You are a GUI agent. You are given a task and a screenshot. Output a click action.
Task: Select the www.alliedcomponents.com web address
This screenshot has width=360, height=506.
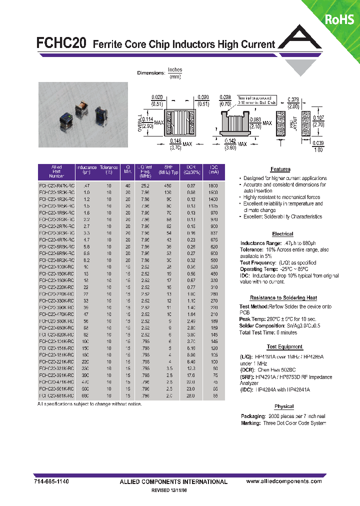(x=284, y=481)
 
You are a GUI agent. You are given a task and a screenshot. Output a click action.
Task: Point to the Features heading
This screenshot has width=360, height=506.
(x=280, y=169)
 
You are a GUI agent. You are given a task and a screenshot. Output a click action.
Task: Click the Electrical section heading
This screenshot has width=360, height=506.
(x=282, y=234)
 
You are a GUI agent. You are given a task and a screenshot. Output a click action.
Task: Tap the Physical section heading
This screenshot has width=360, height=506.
(x=284, y=406)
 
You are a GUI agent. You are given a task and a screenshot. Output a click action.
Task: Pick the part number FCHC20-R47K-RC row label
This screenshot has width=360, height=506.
(x=56, y=185)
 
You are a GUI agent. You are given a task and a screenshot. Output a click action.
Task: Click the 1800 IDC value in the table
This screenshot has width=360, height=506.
(x=214, y=185)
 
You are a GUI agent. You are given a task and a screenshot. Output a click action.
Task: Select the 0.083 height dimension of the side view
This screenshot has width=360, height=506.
(x=255, y=120)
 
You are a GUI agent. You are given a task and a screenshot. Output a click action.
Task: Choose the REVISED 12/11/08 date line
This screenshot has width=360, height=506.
(x=172, y=491)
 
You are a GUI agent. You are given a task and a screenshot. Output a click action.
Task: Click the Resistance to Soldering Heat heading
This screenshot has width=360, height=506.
(x=283, y=297)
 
